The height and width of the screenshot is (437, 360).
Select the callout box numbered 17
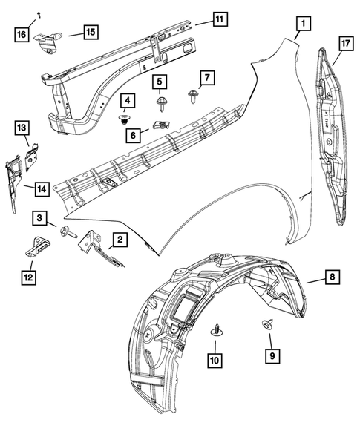coord(344,44)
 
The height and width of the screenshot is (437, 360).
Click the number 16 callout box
coord(22,34)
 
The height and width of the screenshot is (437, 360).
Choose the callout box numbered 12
coord(28,277)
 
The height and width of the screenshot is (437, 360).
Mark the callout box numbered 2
coord(119,239)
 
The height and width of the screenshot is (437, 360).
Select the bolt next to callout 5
coord(160,99)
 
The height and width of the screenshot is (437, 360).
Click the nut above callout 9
coord(265,323)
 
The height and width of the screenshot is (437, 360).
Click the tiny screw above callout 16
coord(39,15)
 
